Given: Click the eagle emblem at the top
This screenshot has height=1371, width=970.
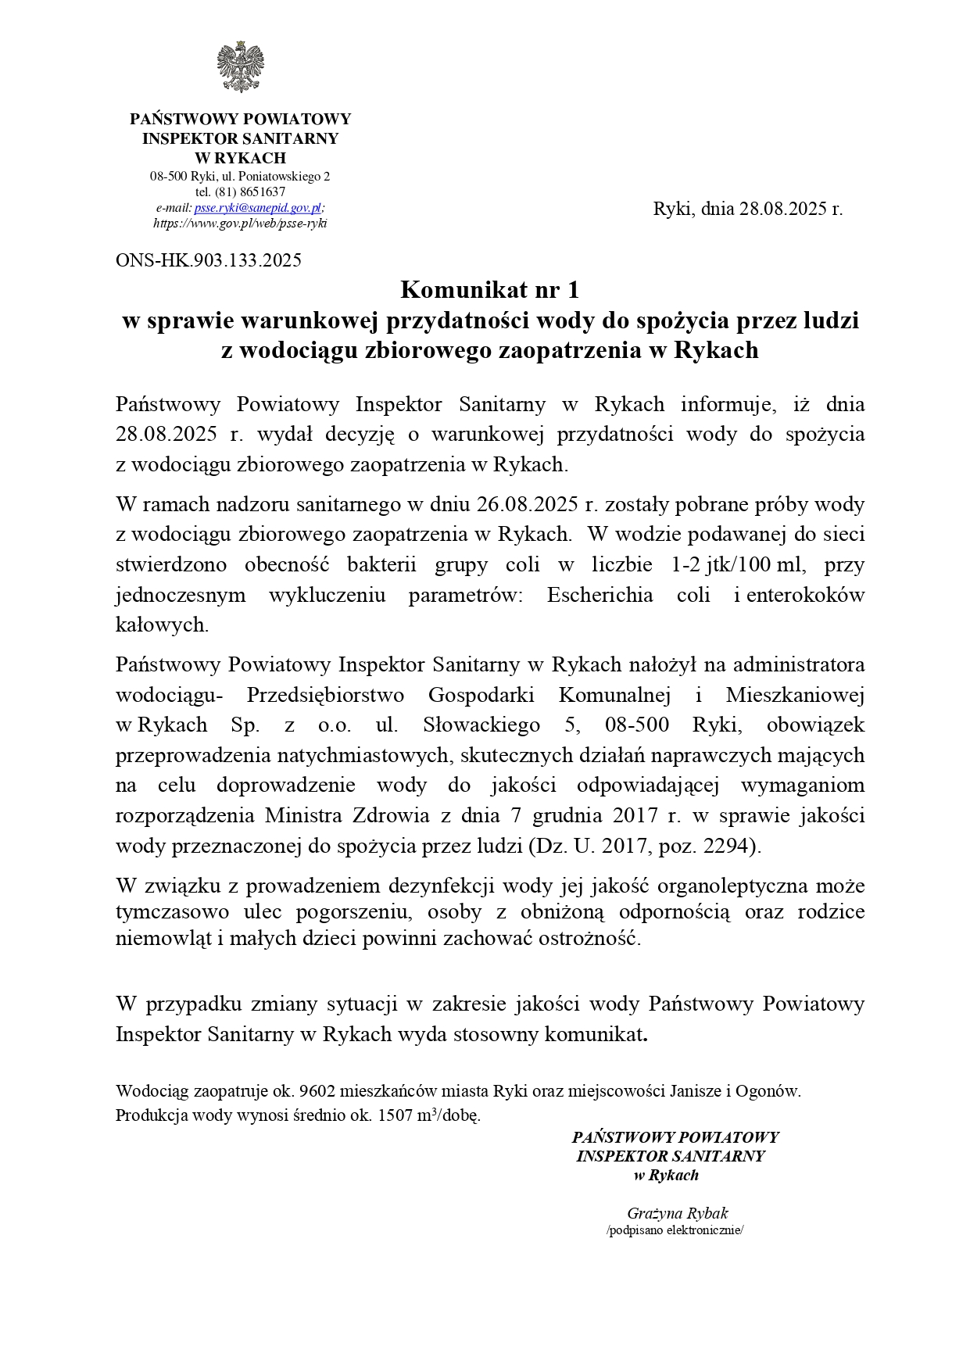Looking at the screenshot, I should (240, 67).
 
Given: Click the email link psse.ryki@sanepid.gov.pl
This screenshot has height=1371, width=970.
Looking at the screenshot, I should (258, 208).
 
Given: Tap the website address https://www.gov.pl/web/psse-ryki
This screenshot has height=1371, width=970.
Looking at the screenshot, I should (240, 224).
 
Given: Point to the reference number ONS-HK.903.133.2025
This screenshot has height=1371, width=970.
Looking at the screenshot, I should (209, 260).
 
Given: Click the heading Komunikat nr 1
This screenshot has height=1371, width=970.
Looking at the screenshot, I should (490, 290).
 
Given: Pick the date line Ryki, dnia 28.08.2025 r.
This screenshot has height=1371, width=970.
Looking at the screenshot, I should (748, 209).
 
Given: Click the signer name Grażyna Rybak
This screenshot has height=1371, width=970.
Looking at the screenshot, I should (677, 1213).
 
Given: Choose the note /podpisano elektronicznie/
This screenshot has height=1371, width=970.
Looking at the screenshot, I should (675, 1230).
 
